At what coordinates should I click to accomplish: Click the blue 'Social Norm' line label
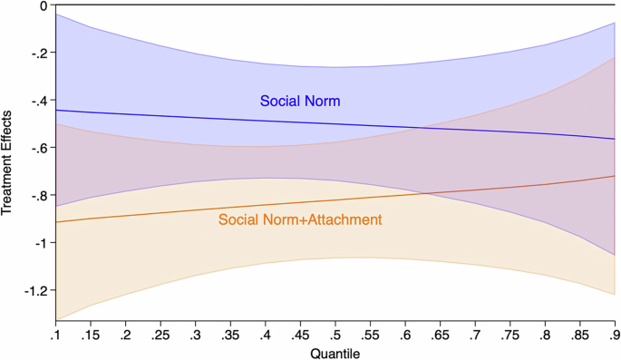coord(300,101)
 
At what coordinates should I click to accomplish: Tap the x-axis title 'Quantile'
coord(335,352)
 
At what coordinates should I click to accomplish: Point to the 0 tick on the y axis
coord(43,5)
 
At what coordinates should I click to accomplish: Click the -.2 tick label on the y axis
coord(38,53)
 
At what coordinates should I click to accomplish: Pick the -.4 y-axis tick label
coord(38,101)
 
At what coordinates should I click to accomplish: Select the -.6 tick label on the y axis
coord(38,148)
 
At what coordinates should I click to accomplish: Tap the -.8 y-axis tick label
coord(38,196)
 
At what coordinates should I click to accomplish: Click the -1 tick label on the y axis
coord(41,243)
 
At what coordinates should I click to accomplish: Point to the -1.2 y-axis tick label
coord(34,290)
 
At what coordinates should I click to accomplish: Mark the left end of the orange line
coord(56,222)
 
